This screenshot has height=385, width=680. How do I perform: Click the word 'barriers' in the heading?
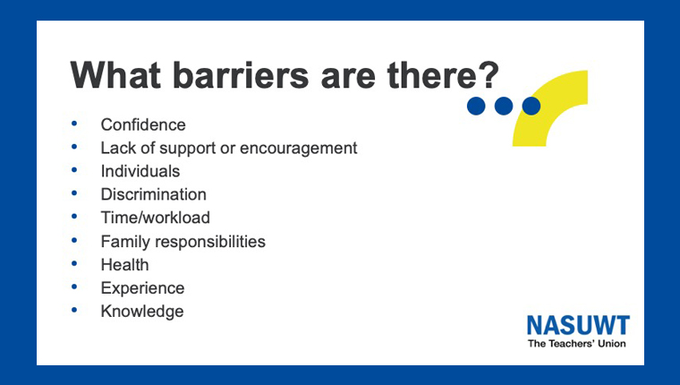[241, 75]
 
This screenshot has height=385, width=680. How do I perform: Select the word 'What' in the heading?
[115, 75]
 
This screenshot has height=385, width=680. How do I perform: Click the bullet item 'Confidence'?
[143, 125]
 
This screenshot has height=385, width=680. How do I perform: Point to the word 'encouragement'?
[298, 149]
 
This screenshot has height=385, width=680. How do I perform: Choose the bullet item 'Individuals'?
[140, 171]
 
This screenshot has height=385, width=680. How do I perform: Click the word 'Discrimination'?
[154, 194]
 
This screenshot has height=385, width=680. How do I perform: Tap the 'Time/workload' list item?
[156, 218]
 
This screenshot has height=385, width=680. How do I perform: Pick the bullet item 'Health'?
[125, 265]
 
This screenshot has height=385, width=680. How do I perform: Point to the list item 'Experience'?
[142, 288]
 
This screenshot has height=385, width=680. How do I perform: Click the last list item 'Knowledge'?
[142, 312]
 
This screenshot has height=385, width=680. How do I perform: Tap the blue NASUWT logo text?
[578, 325]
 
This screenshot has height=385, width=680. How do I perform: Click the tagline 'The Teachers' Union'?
[577, 344]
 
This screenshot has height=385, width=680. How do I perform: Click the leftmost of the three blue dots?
[476, 106]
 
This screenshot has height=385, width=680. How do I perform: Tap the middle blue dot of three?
[504, 106]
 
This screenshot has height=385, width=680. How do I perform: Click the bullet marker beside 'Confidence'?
[74, 124]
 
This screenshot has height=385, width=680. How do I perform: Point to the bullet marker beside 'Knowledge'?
[74, 310]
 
